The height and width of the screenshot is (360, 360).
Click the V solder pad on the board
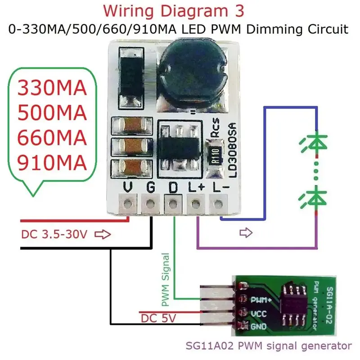pos(128,203)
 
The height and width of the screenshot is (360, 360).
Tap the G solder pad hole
pos(150,203)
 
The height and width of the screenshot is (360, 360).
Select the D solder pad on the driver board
pos(173,203)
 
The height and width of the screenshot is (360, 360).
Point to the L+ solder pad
pos(195,203)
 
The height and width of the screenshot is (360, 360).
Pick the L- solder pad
pos(218,203)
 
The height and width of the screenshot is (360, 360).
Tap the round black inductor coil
pos(193,73)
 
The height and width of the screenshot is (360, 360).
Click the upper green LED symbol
pos(315,143)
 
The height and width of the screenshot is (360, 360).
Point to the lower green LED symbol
pos(315,198)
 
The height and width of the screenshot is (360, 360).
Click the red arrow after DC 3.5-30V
pos(103,234)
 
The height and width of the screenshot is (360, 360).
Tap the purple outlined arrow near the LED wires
pos(246,233)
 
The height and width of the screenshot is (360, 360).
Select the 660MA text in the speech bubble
pos(52,138)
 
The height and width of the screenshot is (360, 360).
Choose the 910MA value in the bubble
pos(52,163)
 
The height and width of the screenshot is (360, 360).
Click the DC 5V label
pos(158,319)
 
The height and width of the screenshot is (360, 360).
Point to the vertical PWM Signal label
pos(166,279)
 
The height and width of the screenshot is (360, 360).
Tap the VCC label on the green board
pos(258,314)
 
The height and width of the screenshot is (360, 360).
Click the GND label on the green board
pos(258,326)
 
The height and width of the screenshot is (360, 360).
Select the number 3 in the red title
pos(239,11)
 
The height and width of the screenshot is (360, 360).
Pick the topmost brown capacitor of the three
pos(132,126)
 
